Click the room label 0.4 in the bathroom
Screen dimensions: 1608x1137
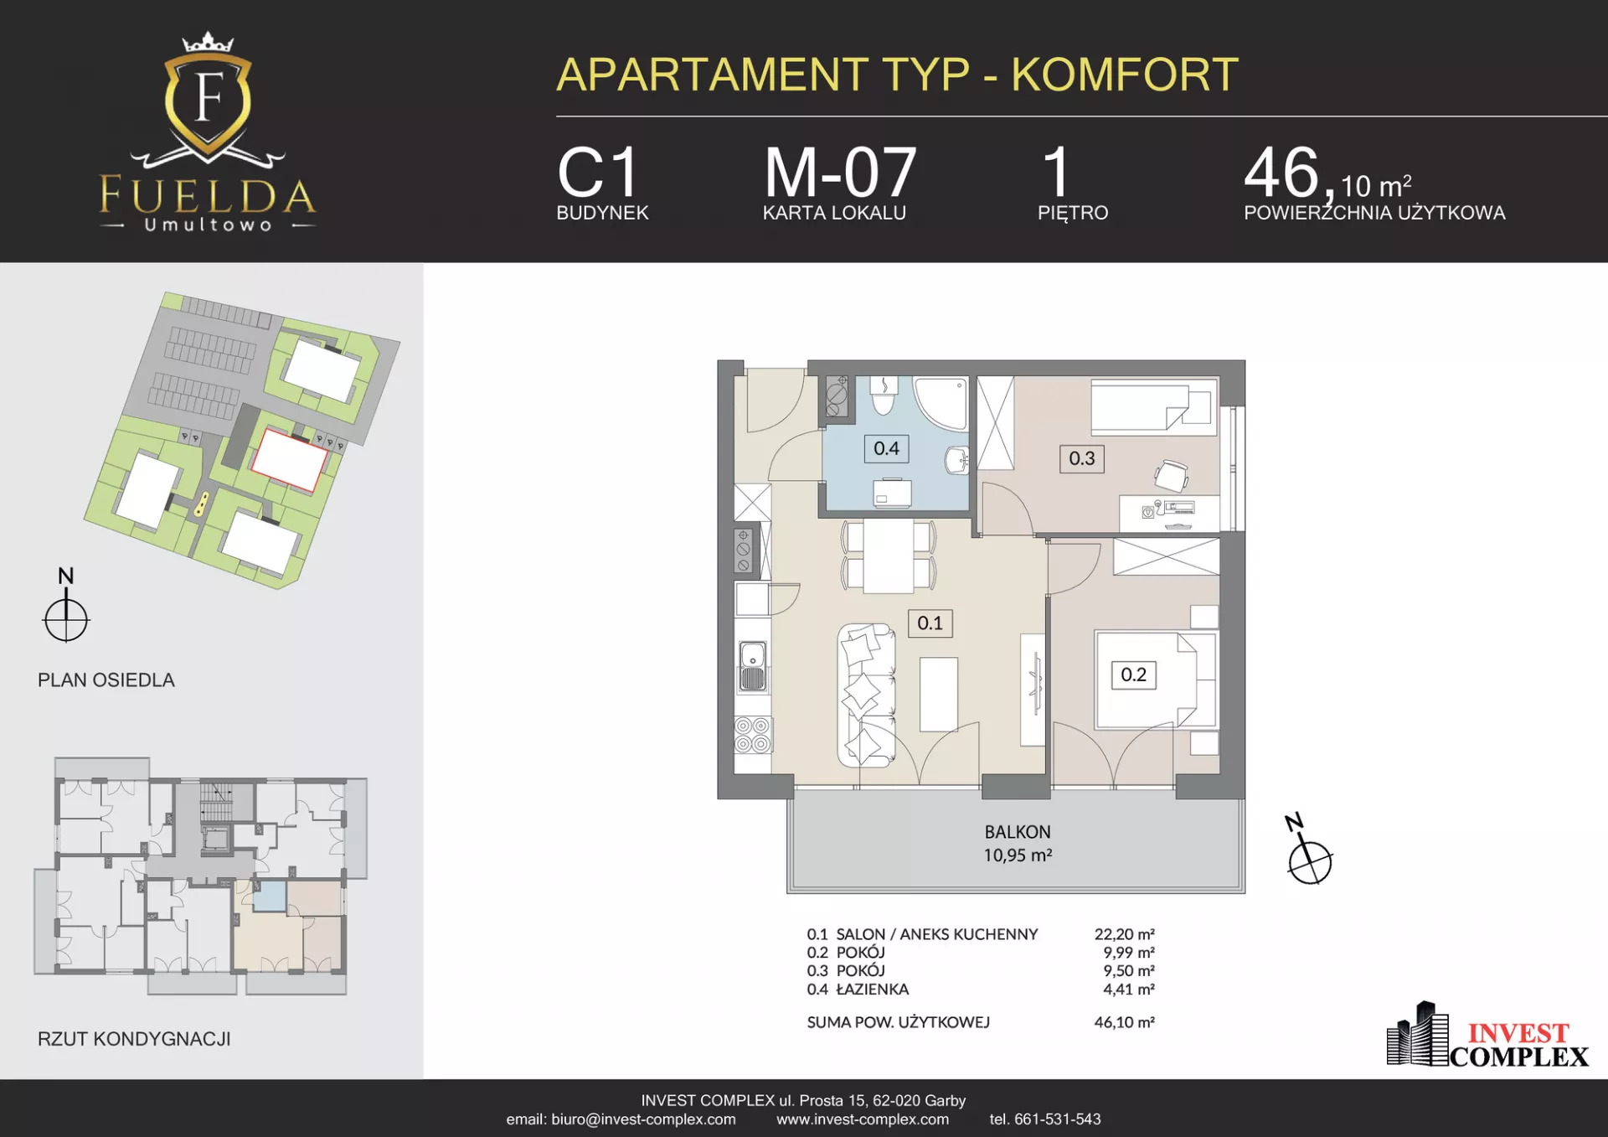point(886,448)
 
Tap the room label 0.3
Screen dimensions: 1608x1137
point(1081,458)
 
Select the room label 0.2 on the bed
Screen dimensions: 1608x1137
point(1133,674)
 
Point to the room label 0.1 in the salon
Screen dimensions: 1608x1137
point(930,623)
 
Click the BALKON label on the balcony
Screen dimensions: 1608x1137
point(1017,832)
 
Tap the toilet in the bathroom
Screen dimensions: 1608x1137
point(884,395)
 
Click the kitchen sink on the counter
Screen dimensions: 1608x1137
point(752,667)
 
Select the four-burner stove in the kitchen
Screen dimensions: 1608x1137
point(752,735)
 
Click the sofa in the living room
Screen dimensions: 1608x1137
point(867,695)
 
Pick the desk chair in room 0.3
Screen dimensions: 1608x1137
point(1171,476)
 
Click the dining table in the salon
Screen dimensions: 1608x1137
point(889,556)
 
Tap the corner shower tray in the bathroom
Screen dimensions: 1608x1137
point(941,404)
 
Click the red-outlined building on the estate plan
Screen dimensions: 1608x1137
point(289,459)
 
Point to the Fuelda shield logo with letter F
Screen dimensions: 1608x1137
point(208,101)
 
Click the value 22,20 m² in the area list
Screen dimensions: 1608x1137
point(1124,933)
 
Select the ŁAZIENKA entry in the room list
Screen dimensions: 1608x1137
point(872,989)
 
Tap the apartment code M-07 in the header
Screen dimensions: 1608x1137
point(840,172)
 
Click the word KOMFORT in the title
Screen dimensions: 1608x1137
point(1125,75)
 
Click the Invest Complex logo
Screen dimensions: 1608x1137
point(1487,1036)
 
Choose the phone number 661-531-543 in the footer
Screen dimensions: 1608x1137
point(1057,1119)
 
